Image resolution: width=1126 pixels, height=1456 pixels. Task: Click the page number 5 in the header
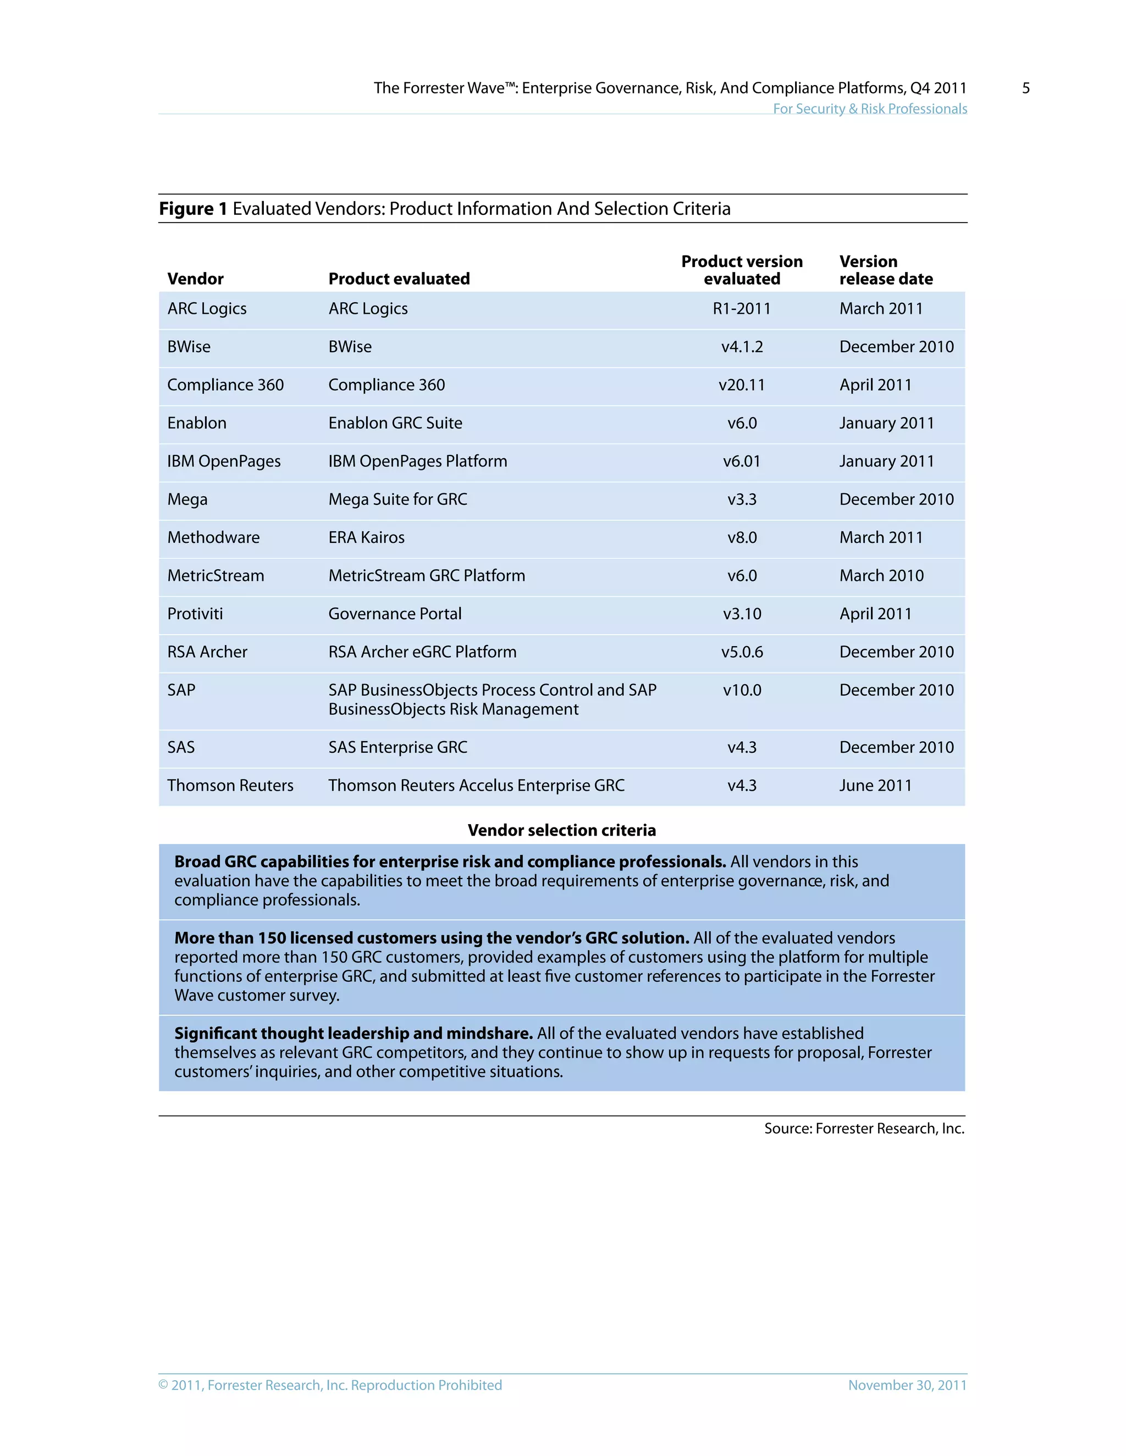point(1025,88)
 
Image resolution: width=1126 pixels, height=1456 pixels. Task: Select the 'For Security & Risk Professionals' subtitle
point(869,109)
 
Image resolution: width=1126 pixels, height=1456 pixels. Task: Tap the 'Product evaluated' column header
point(399,279)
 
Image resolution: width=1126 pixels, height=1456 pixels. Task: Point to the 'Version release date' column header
point(885,270)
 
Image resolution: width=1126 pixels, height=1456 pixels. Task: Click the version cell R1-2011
point(741,309)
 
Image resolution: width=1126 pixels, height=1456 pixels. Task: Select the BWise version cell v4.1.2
point(742,347)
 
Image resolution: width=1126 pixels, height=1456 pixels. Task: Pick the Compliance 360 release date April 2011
point(875,385)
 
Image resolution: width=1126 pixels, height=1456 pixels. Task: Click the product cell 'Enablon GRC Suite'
point(395,423)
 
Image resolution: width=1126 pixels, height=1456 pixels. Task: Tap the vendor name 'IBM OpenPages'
point(223,462)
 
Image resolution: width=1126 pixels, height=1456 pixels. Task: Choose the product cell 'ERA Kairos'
point(366,537)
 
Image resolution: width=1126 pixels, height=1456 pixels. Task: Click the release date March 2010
point(881,575)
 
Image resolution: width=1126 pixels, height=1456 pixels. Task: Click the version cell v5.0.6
point(742,652)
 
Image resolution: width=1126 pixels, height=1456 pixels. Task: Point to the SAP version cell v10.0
point(742,690)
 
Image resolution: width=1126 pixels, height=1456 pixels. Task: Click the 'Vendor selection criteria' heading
point(562,830)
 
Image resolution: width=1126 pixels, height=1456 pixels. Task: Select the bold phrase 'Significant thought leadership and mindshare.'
point(353,1033)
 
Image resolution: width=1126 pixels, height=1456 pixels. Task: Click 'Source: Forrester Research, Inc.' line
point(864,1128)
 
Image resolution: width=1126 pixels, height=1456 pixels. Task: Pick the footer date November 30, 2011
point(907,1385)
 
